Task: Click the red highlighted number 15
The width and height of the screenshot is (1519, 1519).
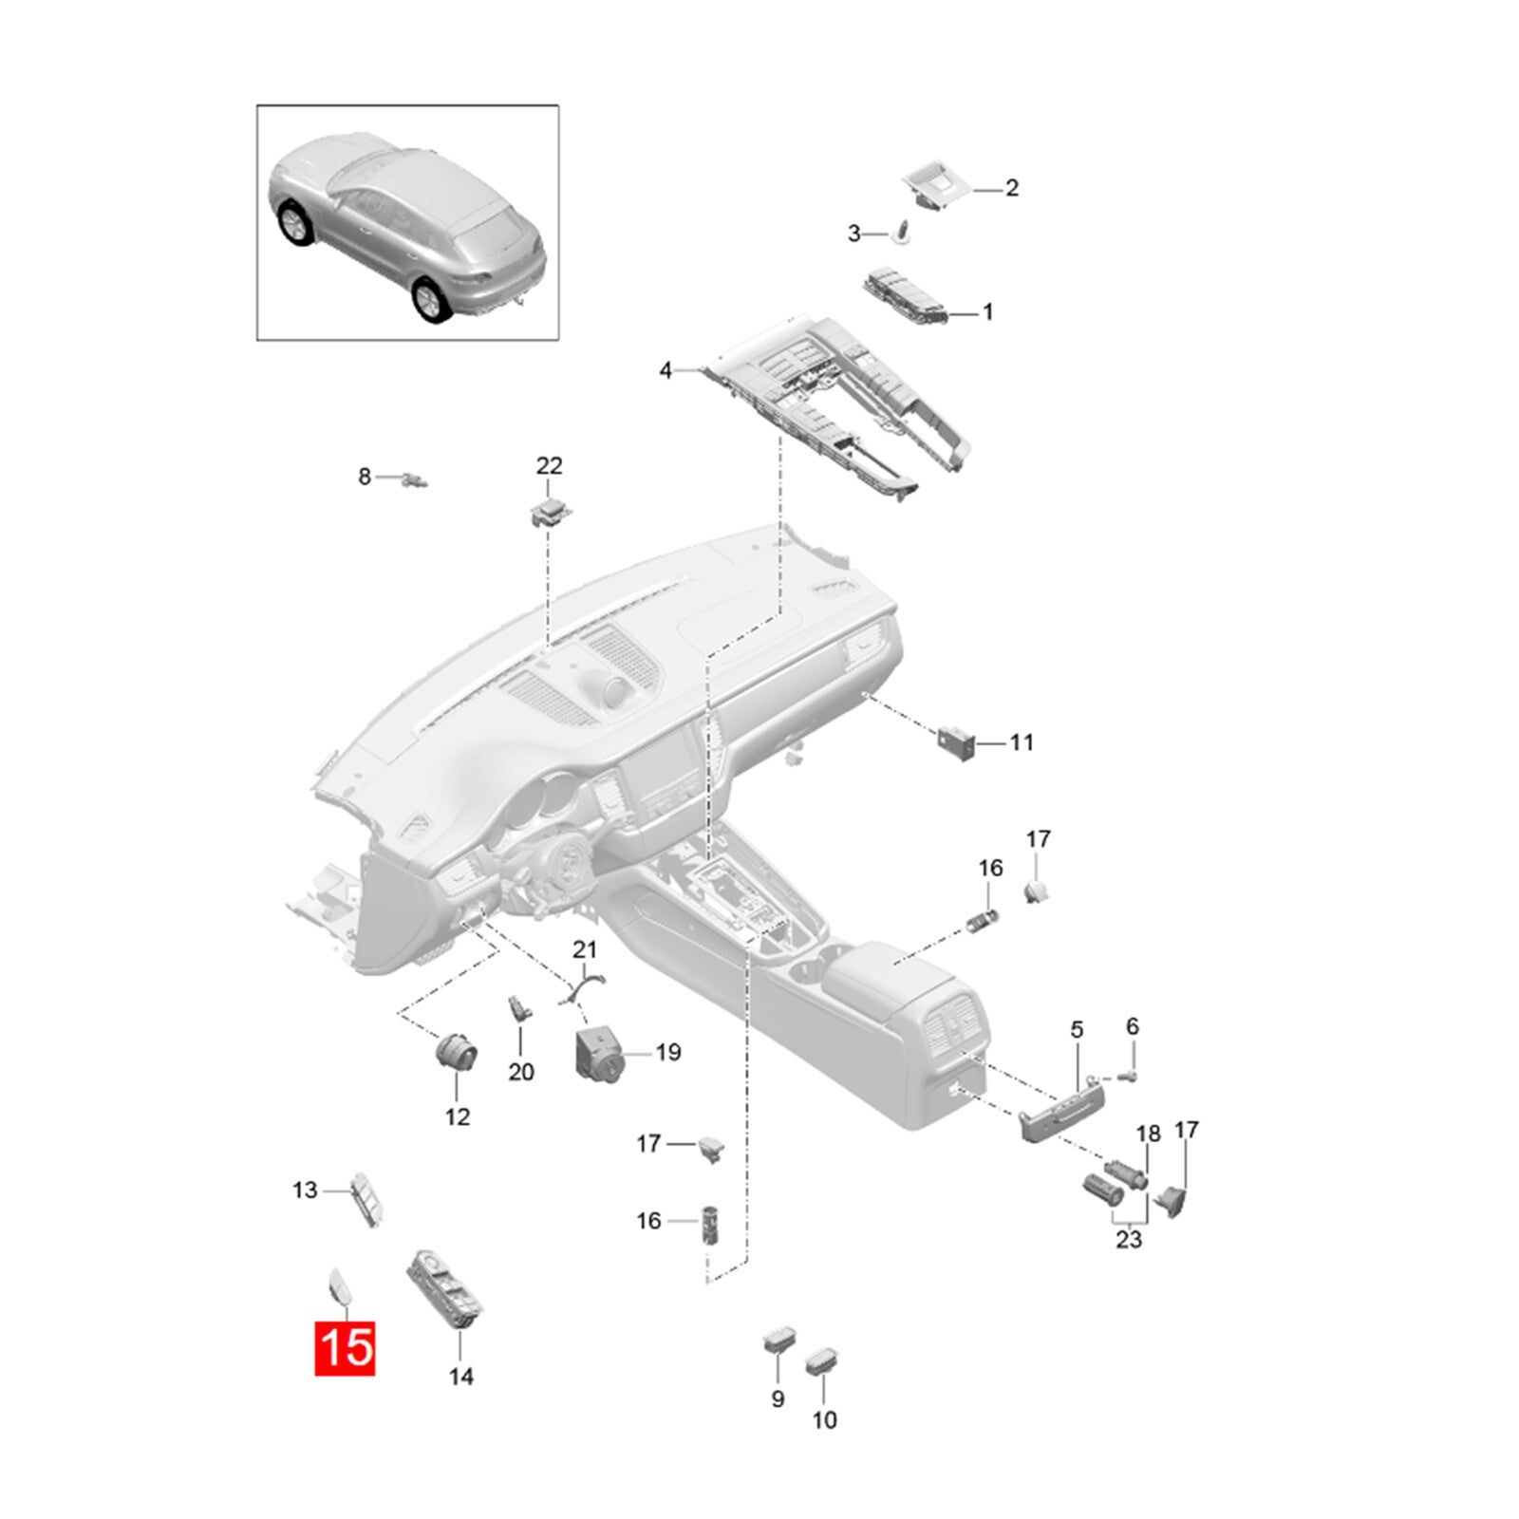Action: coord(346,1347)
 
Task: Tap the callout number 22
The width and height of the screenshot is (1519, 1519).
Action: coord(549,465)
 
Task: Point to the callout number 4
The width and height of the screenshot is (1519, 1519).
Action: coord(665,370)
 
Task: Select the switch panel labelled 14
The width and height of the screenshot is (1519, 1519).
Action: coord(446,1290)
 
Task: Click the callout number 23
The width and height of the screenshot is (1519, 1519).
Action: coord(1128,1239)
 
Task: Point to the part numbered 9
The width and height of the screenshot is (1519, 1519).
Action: coord(778,1343)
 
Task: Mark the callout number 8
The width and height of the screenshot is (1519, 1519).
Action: coord(365,477)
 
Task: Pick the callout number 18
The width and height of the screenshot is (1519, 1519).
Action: coord(1148,1134)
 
